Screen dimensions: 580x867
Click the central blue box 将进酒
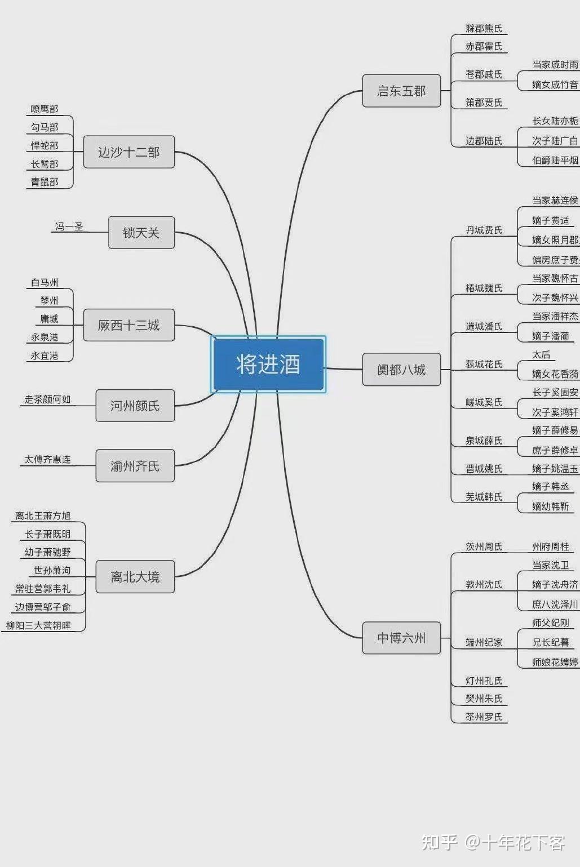tap(268, 364)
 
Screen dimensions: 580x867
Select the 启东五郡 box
tap(401, 91)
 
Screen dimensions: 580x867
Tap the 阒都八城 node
tap(401, 370)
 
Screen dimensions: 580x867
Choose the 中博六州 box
tap(401, 638)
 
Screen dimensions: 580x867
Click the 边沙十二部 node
tap(129, 152)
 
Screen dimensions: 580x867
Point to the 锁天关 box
tap(141, 232)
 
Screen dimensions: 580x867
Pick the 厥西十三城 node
tap(129, 325)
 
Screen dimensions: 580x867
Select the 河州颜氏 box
tap(135, 406)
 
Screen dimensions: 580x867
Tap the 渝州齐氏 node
tap(135, 466)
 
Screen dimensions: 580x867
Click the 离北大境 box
tap(135, 576)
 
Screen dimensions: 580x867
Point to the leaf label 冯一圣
tap(69, 226)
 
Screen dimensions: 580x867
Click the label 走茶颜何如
tap(47, 399)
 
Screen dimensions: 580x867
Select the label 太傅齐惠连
tap(47, 460)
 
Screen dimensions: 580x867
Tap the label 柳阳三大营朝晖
tap(38, 625)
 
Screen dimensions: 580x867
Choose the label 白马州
tap(45, 283)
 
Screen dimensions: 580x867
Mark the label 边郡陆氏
tap(484, 141)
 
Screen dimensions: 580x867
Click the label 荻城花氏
tap(484, 364)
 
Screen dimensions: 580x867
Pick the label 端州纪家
tap(484, 642)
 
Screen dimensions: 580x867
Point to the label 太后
tap(541, 355)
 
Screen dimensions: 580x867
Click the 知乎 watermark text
tap(439, 842)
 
